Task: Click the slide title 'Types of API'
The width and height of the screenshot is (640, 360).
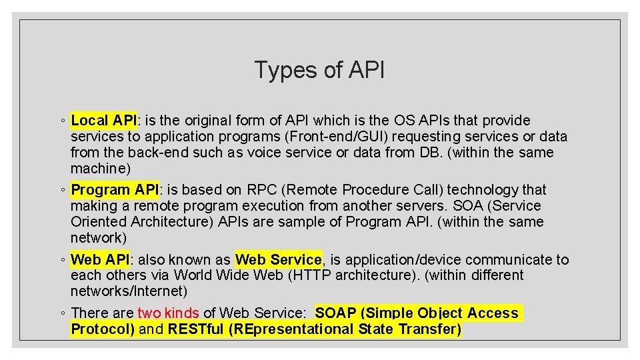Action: (x=319, y=70)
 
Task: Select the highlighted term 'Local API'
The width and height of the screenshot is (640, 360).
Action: (x=103, y=121)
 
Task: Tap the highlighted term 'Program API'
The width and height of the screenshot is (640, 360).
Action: (x=114, y=190)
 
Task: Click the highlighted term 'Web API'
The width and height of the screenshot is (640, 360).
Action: (x=100, y=259)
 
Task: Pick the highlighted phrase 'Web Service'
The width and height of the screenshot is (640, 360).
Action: (x=279, y=259)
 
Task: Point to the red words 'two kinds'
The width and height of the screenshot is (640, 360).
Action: (x=168, y=313)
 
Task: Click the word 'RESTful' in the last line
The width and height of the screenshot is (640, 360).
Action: (x=195, y=329)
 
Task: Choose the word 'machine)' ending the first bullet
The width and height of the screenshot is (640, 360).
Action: (x=100, y=169)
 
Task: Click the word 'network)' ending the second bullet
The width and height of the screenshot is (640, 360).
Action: (x=98, y=238)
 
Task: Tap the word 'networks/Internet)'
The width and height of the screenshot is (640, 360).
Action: (x=129, y=291)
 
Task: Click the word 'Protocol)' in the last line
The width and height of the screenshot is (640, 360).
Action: (x=103, y=329)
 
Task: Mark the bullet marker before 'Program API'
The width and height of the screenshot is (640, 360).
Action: (x=61, y=191)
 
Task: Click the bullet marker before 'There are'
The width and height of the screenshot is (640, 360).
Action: (x=61, y=313)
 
